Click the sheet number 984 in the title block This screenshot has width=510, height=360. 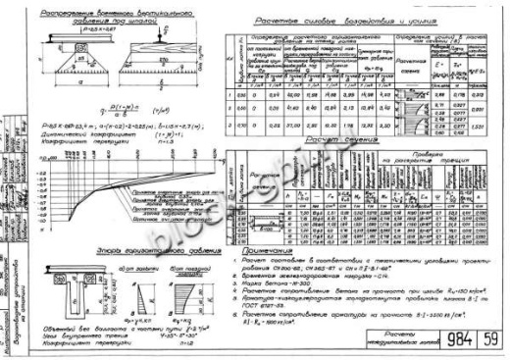coord(444,339)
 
